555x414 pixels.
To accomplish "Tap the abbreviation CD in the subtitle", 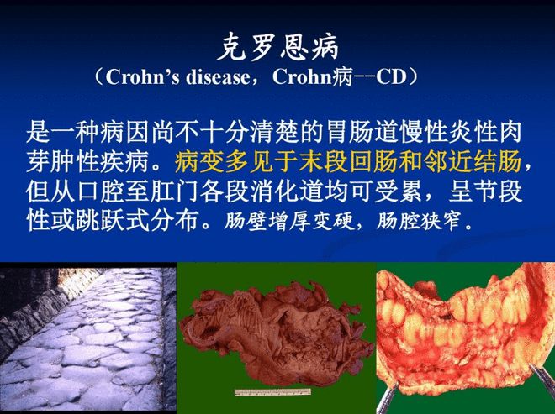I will click(x=390, y=78).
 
